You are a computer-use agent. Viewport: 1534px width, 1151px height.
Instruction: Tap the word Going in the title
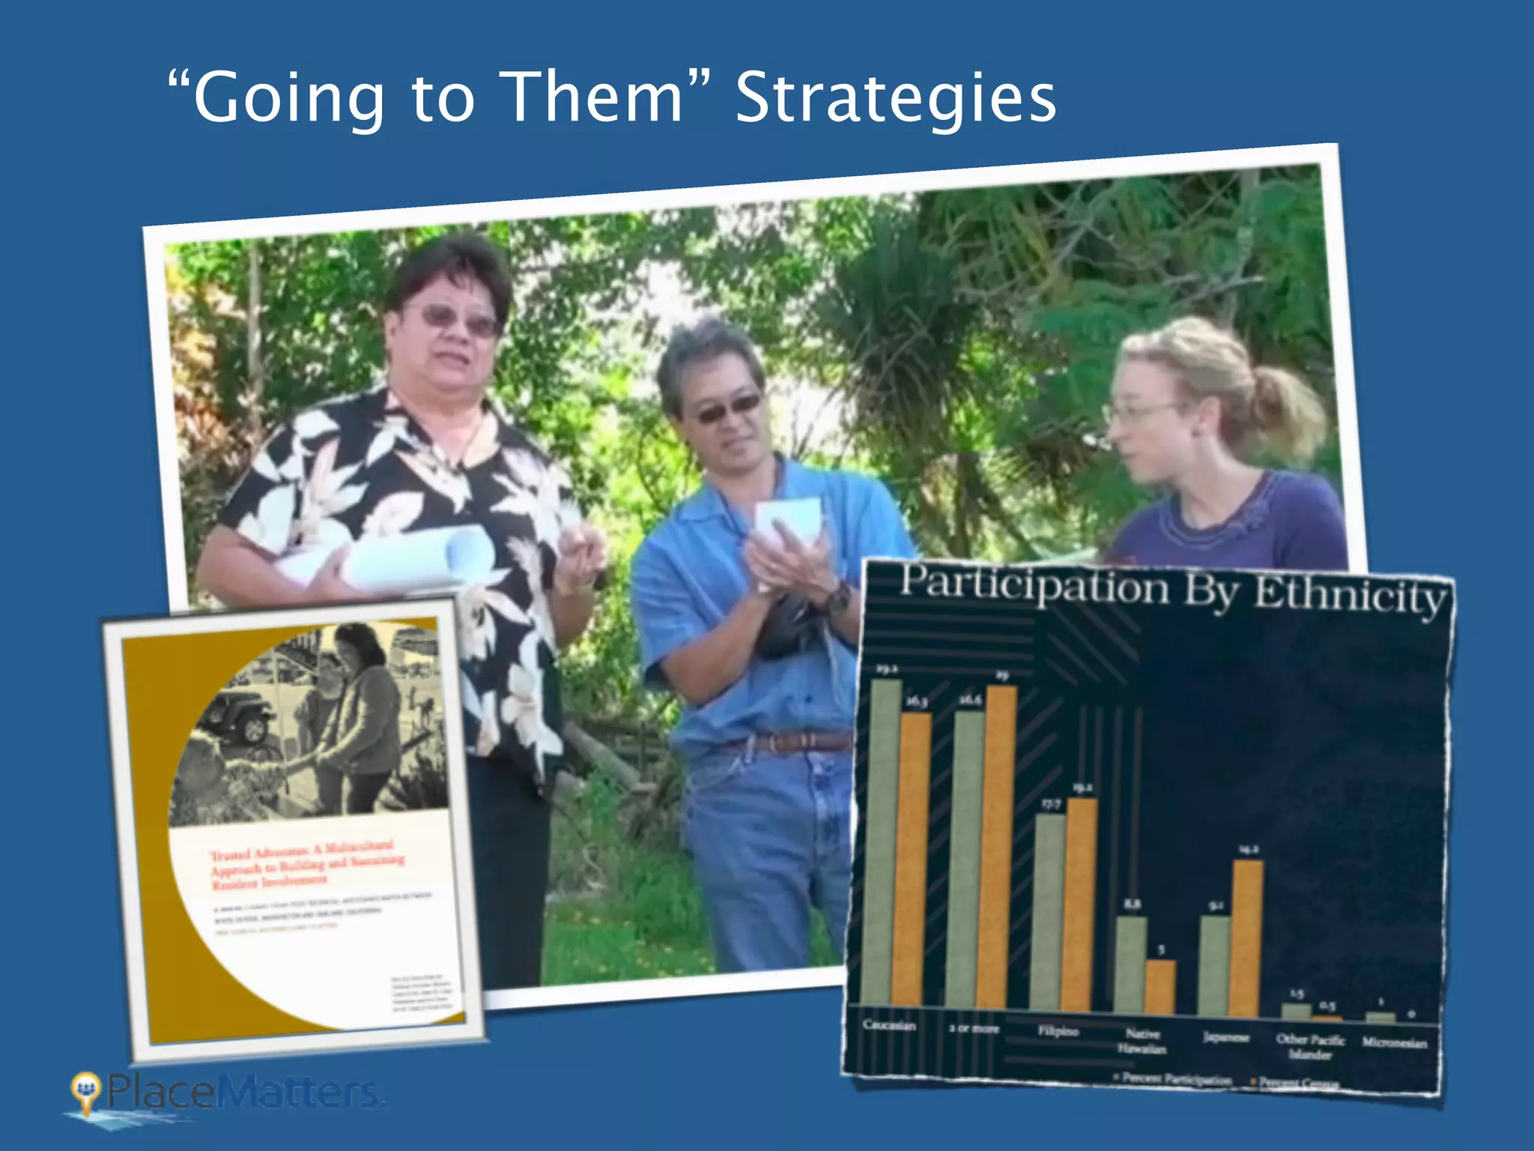click(x=288, y=98)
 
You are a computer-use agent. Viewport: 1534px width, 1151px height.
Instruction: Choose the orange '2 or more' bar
click(x=1000, y=847)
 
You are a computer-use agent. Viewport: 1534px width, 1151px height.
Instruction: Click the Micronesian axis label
click(x=1394, y=1042)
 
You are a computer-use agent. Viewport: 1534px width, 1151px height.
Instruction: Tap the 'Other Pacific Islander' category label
click(x=1310, y=1046)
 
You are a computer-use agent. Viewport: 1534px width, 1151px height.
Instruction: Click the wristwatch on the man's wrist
click(x=838, y=597)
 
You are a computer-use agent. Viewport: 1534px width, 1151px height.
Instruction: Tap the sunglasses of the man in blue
click(x=727, y=409)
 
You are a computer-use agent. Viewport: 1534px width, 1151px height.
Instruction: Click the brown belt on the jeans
click(x=786, y=743)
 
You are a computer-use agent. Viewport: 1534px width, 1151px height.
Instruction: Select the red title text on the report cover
click(x=307, y=865)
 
